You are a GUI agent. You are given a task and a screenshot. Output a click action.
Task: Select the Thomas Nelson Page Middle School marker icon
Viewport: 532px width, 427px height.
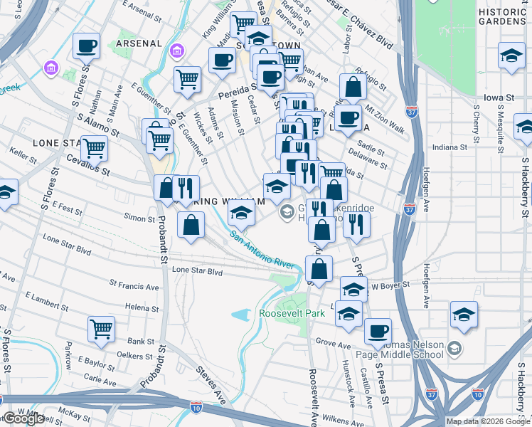(x=455, y=349)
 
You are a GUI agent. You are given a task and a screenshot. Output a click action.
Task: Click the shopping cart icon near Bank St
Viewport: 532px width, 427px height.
(x=101, y=329)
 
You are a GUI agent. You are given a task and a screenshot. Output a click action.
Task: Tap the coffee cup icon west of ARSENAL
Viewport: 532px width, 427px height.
(x=86, y=46)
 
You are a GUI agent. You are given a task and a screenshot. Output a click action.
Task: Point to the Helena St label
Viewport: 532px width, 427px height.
(x=141, y=307)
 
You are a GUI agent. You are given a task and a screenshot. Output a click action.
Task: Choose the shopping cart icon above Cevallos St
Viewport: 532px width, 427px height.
(x=94, y=149)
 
